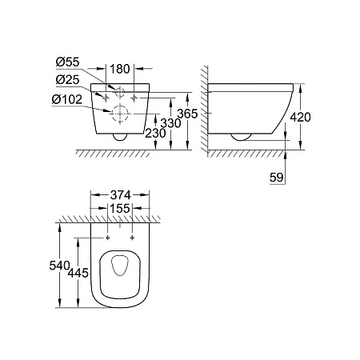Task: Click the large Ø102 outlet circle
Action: pos(118,114)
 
